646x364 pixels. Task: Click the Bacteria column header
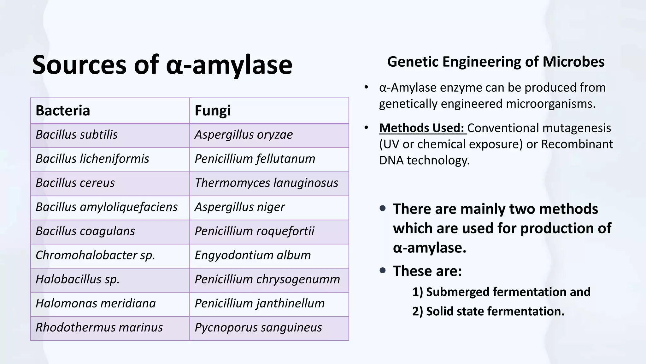(110, 111)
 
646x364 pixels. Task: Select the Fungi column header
(269, 111)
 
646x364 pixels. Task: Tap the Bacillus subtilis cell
(110, 135)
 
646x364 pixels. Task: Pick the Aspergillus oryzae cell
(269, 135)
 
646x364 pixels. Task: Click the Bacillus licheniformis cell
(110, 159)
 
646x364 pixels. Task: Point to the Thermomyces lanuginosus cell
(269, 183)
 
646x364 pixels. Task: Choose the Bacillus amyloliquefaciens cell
(110, 207)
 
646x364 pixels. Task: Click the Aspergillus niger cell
(269, 207)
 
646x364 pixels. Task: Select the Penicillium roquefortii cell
(269, 231)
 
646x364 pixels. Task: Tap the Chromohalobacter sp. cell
(110, 255)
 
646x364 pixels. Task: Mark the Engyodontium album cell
(269, 255)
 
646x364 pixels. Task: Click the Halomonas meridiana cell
(110, 304)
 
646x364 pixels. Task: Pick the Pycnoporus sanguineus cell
(269, 328)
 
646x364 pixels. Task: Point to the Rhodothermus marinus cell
(110, 328)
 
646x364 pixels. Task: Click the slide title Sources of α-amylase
(162, 65)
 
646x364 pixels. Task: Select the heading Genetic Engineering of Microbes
(496, 62)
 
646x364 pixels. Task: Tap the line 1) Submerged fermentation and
(501, 292)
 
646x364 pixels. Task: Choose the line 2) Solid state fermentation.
(488, 311)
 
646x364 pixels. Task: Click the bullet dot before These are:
(383, 270)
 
